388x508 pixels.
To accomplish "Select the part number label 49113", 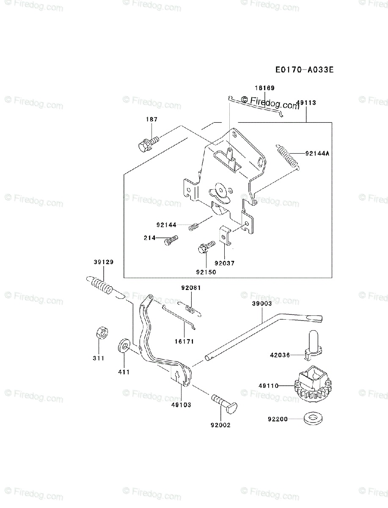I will pos(306,103).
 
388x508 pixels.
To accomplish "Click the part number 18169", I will pos(264,88).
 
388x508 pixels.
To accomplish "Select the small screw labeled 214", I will pos(170,240).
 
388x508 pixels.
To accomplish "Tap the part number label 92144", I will pos(166,225).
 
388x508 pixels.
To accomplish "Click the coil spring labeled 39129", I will pos(102,286).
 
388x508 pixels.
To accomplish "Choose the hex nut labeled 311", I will pos(101,333).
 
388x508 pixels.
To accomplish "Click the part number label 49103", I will pos(181,405).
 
